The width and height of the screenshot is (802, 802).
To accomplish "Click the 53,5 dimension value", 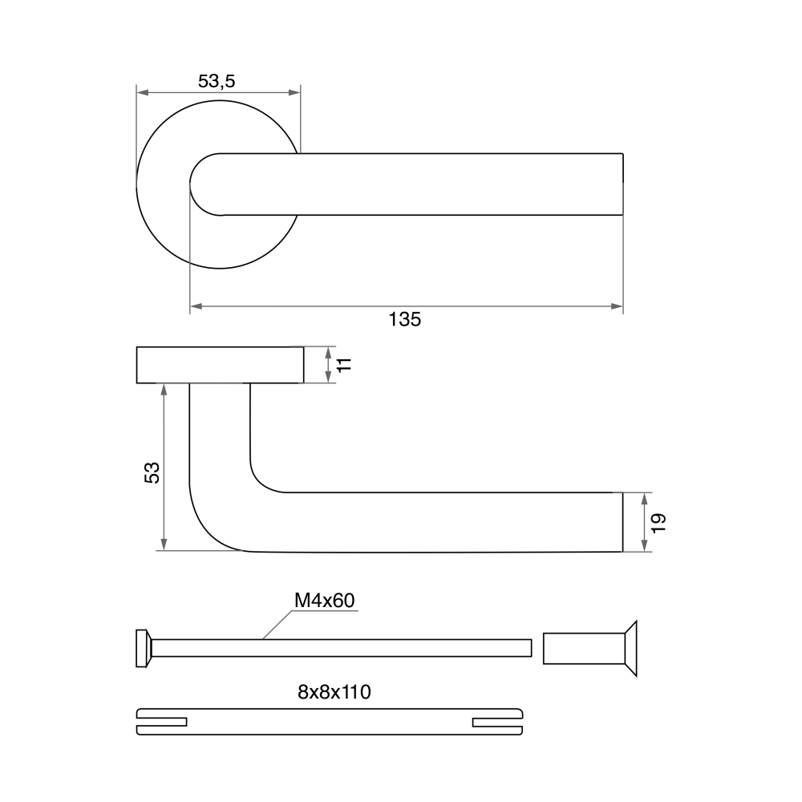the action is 217,81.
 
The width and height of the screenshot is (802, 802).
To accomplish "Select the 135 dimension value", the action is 404,320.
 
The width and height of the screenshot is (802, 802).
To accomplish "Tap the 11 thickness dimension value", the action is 345,365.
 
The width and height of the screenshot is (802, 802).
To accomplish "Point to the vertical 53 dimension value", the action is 152,472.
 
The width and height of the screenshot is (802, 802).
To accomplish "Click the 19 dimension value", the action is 658,522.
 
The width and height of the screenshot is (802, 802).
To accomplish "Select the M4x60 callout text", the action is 324,601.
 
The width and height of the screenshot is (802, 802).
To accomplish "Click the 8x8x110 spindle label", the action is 334,692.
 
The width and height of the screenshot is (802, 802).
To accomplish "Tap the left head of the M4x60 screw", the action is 144,648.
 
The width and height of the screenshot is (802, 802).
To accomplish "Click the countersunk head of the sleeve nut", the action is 631,649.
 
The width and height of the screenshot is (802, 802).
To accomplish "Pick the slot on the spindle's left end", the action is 162,722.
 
